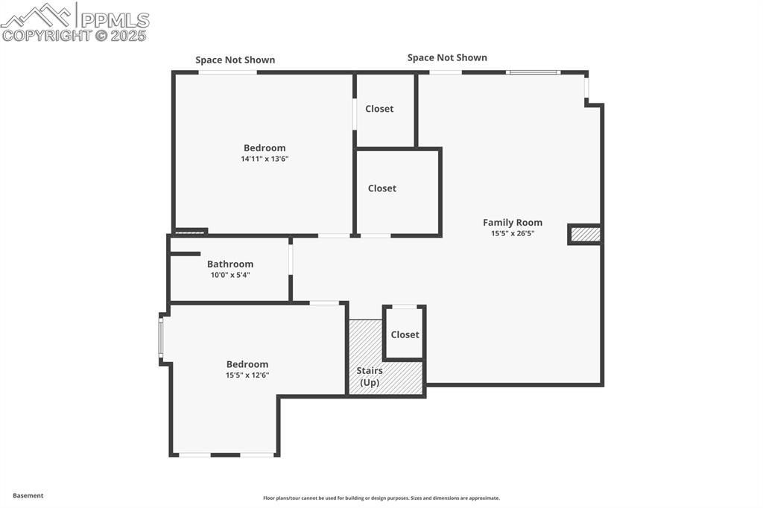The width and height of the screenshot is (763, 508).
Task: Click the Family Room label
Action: click(512, 222)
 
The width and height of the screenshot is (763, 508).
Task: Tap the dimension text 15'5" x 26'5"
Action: click(512, 233)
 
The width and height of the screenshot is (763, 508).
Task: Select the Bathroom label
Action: click(230, 264)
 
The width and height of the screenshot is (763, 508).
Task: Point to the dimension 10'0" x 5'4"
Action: click(230, 275)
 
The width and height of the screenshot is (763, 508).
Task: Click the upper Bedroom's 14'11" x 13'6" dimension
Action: click(265, 159)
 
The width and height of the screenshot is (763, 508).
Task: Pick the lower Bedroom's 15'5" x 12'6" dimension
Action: click(247, 375)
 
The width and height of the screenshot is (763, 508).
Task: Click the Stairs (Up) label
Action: click(370, 376)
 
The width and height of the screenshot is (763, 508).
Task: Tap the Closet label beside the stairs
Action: click(405, 334)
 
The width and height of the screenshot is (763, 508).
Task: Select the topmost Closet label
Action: click(379, 109)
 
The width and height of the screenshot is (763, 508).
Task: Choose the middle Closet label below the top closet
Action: click(382, 188)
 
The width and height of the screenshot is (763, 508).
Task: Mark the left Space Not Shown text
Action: click(235, 60)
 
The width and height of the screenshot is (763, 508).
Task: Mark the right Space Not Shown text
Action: click(447, 57)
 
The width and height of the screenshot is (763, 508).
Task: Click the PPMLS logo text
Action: click(114, 19)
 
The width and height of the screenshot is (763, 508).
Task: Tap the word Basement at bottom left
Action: click(28, 495)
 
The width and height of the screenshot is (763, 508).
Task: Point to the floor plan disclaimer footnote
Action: click(381, 498)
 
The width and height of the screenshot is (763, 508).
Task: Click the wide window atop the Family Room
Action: click(533, 72)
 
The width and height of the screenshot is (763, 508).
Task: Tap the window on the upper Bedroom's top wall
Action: click(227, 72)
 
